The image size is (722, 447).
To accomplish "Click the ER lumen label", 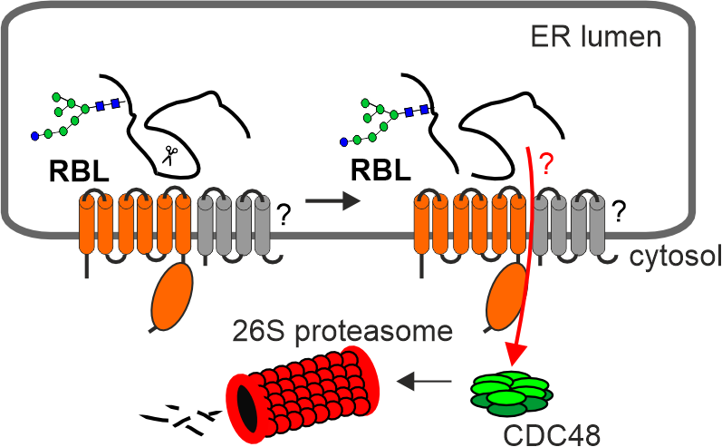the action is click(x=596, y=36).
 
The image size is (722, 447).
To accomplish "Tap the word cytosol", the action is click(x=675, y=257).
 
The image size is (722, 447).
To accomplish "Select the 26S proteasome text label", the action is click(x=342, y=331).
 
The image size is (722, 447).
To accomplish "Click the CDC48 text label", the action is click(x=552, y=434).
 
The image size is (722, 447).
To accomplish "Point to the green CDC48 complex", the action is click(x=512, y=394).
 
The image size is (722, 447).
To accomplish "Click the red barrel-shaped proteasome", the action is click(x=303, y=393).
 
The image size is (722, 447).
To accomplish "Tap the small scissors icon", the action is click(x=170, y=155).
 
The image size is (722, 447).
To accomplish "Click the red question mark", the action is click(x=545, y=164).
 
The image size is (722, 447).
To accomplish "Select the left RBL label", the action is click(x=79, y=171).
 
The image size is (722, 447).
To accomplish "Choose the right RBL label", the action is click(x=380, y=170).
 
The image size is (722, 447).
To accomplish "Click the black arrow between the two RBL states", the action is click(x=332, y=201).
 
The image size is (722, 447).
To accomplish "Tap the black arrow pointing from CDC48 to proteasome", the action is click(x=424, y=381).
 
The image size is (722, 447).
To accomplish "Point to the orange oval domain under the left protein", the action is click(x=172, y=296).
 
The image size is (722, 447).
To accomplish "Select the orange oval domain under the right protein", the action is click(x=506, y=296).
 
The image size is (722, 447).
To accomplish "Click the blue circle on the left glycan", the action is click(x=34, y=136).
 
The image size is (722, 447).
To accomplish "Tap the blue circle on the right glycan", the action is click(x=343, y=142).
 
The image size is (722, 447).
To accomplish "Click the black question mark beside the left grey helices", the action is click(x=284, y=215).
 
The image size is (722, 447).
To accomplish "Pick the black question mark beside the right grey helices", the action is click(x=620, y=211).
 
